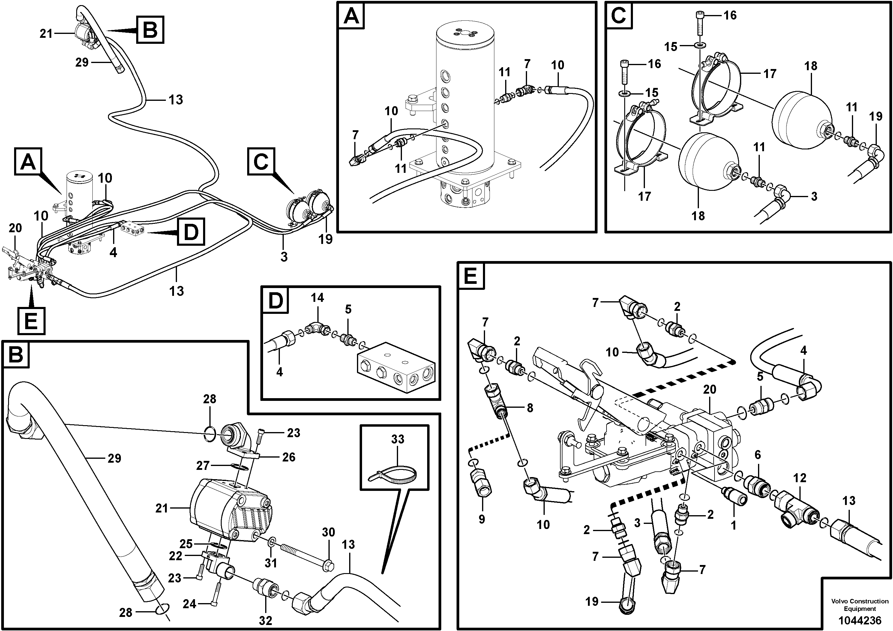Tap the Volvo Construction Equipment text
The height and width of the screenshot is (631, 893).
click(x=859, y=605)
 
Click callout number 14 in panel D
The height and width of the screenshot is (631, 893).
click(x=317, y=298)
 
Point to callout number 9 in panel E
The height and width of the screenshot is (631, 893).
click(x=481, y=519)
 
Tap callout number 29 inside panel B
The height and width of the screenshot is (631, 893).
click(x=114, y=459)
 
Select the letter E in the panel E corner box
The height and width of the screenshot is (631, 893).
click(x=471, y=277)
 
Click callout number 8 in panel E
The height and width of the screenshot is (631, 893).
click(x=529, y=408)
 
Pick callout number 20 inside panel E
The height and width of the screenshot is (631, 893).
click(x=709, y=389)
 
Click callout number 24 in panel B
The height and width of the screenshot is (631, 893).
click(x=189, y=604)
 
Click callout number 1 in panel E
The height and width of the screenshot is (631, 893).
click(x=733, y=526)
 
